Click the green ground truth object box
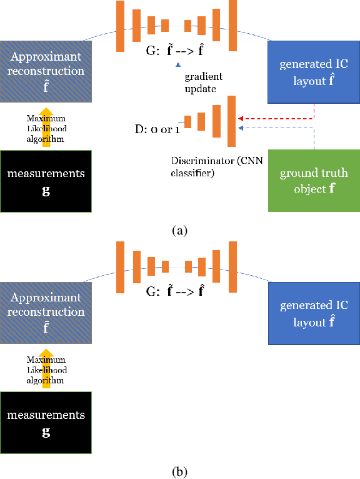pyautogui.click(x=313, y=181)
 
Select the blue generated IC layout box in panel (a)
pyautogui.click(x=313, y=73)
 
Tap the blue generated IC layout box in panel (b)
pyautogui.click(x=313, y=313)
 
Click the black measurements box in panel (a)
pyautogui.click(x=46, y=181)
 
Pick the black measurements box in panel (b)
pyautogui.click(x=46, y=423)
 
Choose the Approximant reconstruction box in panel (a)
pyautogui.click(x=46, y=72)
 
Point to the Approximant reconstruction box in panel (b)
pyautogui.click(x=46, y=312)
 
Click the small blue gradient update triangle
pyautogui.click(x=178, y=64)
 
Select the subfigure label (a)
pyautogui.click(x=179, y=230)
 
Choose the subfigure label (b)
pyautogui.click(x=179, y=470)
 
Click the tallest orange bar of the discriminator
pyautogui.click(x=231, y=120)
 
